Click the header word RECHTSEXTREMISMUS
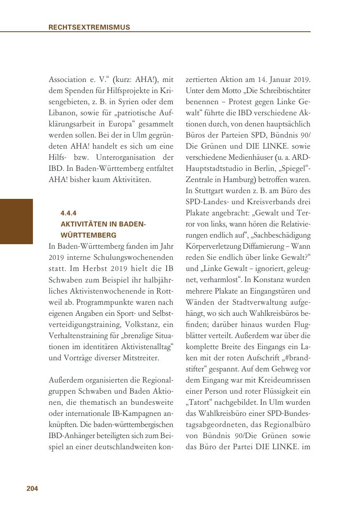89,28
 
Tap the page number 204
32,489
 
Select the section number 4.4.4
68,213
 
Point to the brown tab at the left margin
16,222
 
